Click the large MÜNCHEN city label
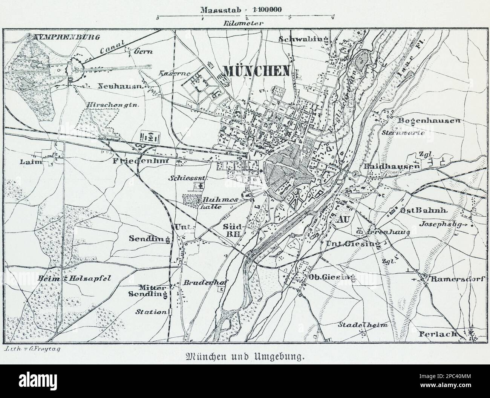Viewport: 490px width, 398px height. click(x=257, y=70)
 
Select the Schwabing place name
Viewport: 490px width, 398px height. click(x=303, y=39)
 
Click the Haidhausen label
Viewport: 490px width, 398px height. click(x=392, y=166)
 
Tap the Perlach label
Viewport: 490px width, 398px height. click(x=437, y=334)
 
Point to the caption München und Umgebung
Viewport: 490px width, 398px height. click(x=245, y=356)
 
